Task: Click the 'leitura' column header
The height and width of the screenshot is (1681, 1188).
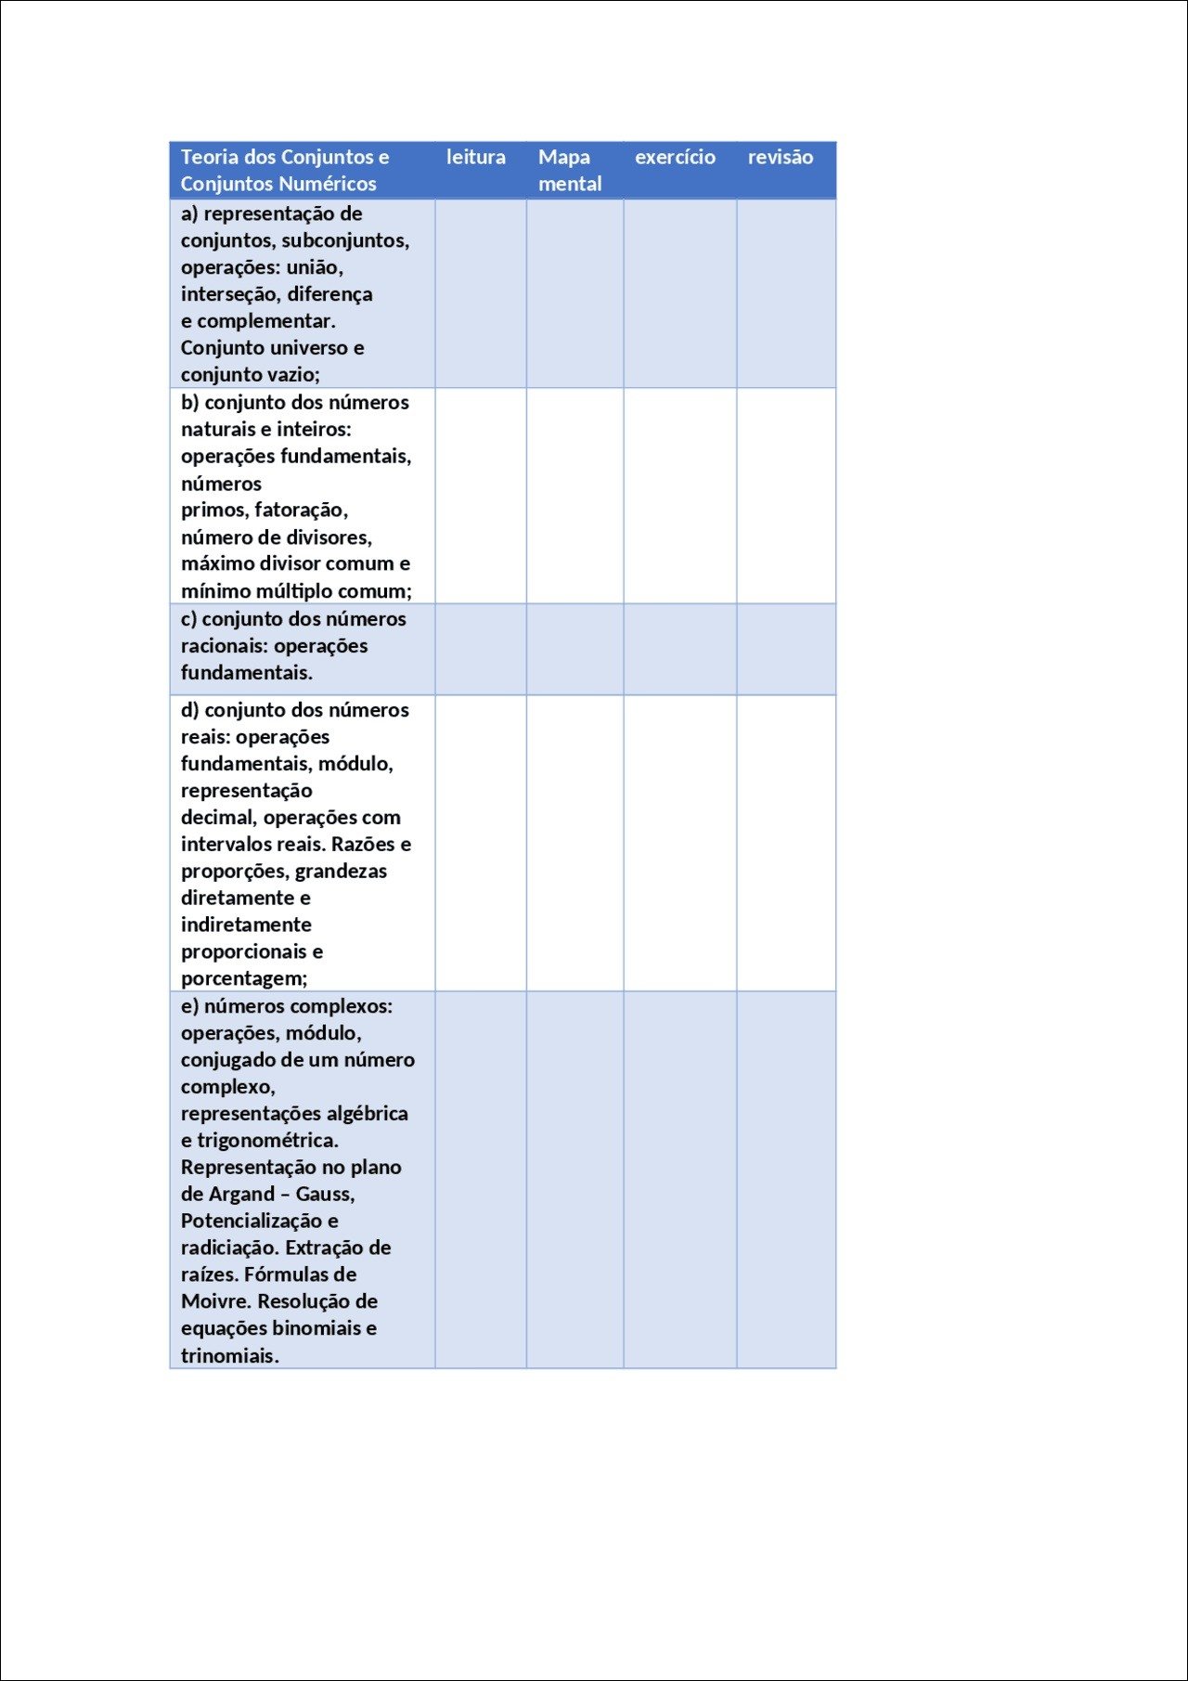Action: click(475, 158)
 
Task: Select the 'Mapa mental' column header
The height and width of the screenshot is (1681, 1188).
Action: click(569, 171)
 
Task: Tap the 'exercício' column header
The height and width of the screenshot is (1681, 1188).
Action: click(675, 158)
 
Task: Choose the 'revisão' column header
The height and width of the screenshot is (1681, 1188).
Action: click(780, 158)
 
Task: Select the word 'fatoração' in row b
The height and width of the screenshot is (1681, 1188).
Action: click(301, 510)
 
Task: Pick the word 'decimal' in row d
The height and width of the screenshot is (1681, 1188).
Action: click(218, 818)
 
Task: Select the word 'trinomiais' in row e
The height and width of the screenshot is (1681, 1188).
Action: click(228, 1356)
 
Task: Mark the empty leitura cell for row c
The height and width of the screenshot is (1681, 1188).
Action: click(481, 649)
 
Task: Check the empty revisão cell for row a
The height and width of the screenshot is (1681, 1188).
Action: click(786, 293)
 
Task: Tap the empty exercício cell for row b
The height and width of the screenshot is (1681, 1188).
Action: click(679, 496)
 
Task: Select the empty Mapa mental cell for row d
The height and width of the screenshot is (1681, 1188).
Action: click(575, 843)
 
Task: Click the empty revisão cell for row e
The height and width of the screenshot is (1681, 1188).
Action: click(786, 1179)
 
